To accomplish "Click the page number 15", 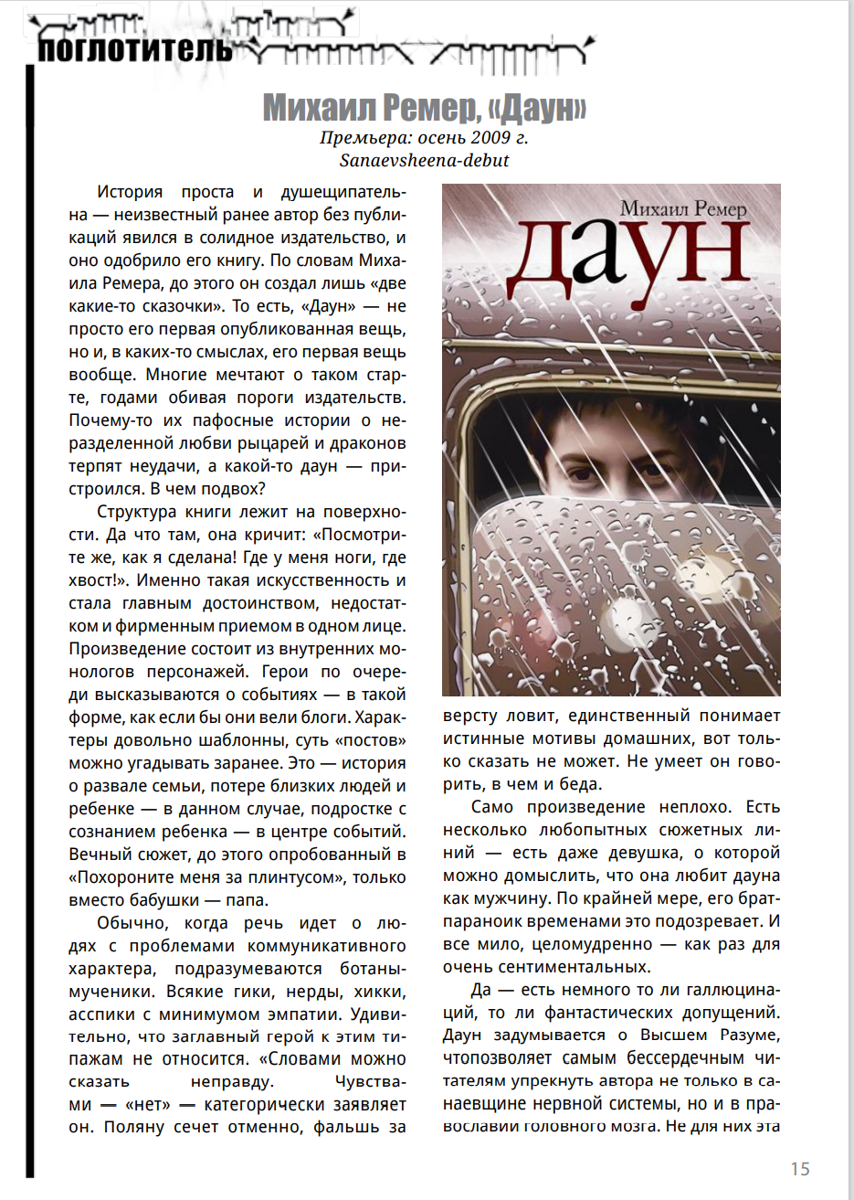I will coord(799,1169).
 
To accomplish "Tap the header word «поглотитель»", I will coord(133,48).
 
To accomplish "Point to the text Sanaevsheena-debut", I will coord(424,161).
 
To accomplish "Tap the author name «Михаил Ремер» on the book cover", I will coord(683,208).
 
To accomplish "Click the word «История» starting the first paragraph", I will coord(130,193).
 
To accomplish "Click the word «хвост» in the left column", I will coord(90,580).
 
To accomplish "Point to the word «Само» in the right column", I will coord(492,807).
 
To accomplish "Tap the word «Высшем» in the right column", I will coord(674,1035).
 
